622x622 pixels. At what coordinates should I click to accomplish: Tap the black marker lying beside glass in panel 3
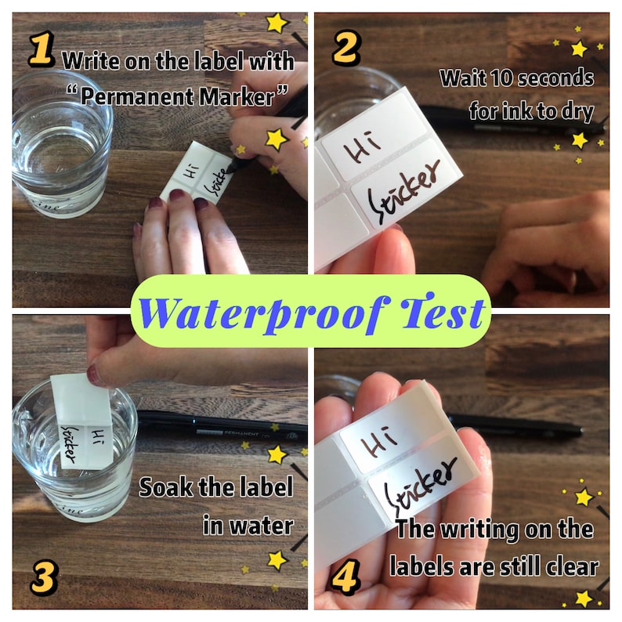(x=219, y=427)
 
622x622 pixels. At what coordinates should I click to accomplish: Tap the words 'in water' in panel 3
(x=246, y=524)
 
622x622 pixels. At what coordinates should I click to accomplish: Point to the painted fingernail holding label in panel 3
(x=95, y=374)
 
